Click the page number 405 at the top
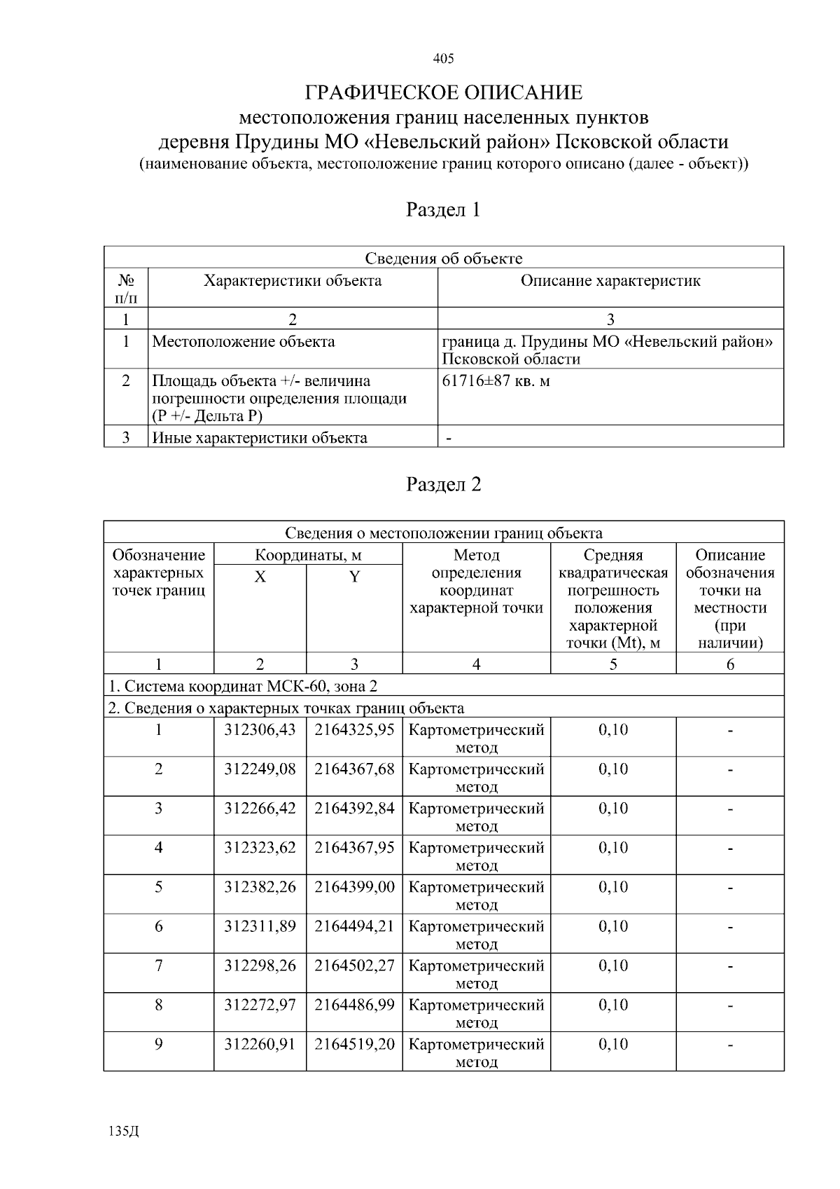[x=444, y=59]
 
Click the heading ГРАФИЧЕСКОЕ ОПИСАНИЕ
[x=444, y=92]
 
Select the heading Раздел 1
[x=444, y=209]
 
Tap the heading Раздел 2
[x=444, y=484]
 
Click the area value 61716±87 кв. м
[x=496, y=381]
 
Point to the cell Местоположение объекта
[x=244, y=342]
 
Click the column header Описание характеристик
[x=610, y=281]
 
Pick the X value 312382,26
[x=260, y=887]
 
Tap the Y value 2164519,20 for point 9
[x=354, y=1044]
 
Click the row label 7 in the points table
[x=159, y=965]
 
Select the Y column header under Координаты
[x=354, y=577]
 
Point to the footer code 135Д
[x=124, y=1132]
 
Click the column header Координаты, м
[x=308, y=556]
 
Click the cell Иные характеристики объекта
[x=260, y=438]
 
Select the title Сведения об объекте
[x=444, y=259]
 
